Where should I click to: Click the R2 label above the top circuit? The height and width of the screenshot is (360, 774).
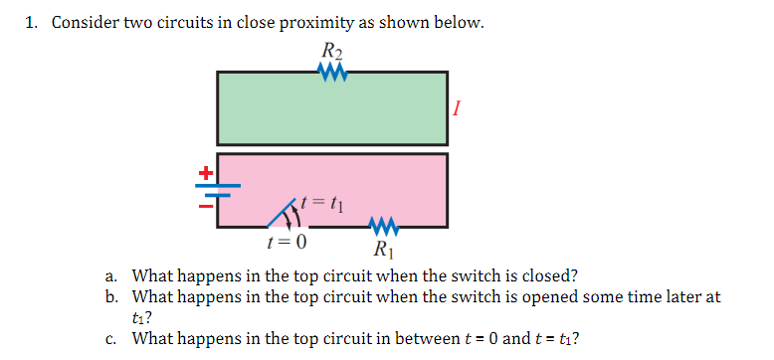tap(331, 52)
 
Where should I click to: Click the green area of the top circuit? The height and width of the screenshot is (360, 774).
tap(331, 108)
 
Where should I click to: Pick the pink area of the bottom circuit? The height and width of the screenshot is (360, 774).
tap(378, 184)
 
